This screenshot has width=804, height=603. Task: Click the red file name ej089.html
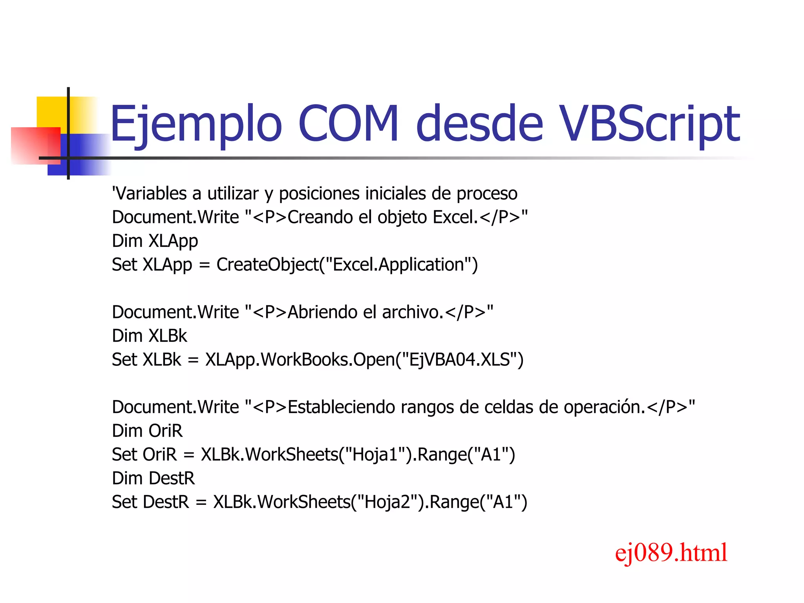671,553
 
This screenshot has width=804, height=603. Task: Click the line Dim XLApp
155,241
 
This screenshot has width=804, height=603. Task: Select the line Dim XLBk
149,336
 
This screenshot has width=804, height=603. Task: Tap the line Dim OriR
147,431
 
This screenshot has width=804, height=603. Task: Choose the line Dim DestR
153,479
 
